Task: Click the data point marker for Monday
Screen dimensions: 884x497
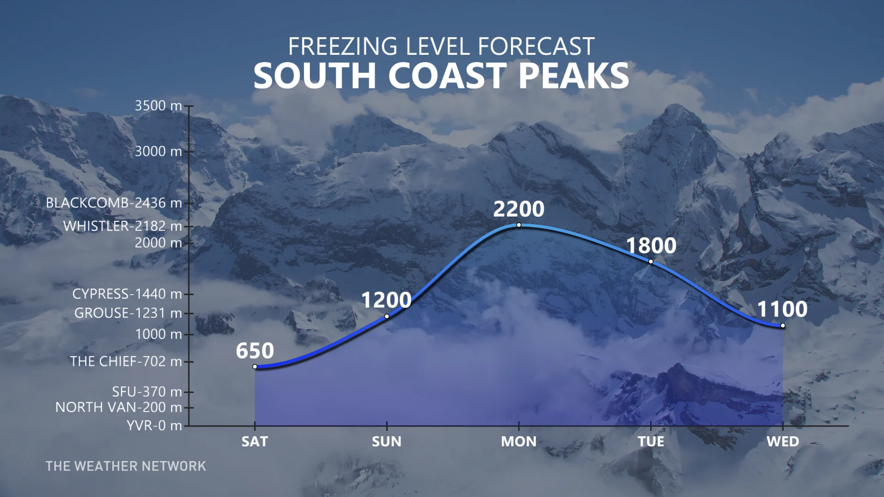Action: point(519,225)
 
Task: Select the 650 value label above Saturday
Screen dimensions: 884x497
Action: point(255,351)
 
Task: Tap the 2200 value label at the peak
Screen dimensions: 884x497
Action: point(519,209)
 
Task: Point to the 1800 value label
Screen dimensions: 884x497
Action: point(651,245)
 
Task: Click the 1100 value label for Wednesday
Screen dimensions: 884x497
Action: point(783,309)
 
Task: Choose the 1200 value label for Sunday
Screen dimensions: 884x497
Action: point(386,300)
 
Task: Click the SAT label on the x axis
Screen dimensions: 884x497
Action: point(255,441)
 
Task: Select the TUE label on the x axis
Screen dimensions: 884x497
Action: point(651,441)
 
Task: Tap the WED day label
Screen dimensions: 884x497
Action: point(783,441)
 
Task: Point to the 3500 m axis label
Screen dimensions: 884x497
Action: point(158,105)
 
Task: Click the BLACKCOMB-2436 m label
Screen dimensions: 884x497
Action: point(114,203)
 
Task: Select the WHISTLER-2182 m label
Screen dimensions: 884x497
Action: point(122,226)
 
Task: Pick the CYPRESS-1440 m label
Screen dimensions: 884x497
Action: point(127,294)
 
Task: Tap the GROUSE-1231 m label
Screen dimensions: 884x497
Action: point(128,313)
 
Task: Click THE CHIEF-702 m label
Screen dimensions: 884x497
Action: point(126,361)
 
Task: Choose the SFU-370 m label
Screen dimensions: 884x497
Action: point(147,392)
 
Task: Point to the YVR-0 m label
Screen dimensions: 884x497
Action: point(154,425)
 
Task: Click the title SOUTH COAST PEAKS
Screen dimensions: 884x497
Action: point(441,75)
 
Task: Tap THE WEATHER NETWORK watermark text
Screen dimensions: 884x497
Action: point(126,466)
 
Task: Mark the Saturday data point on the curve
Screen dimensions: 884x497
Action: point(255,367)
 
